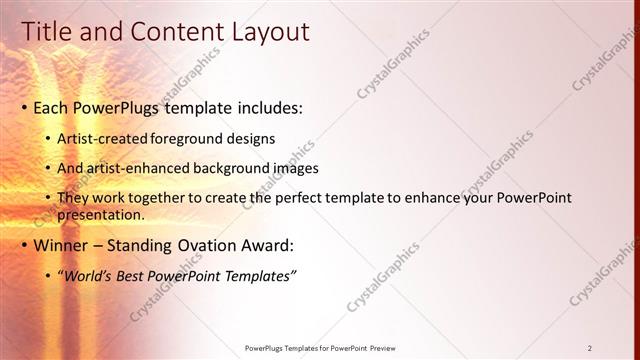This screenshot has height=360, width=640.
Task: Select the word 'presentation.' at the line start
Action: click(104, 214)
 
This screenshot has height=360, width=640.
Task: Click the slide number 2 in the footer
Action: click(590, 347)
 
